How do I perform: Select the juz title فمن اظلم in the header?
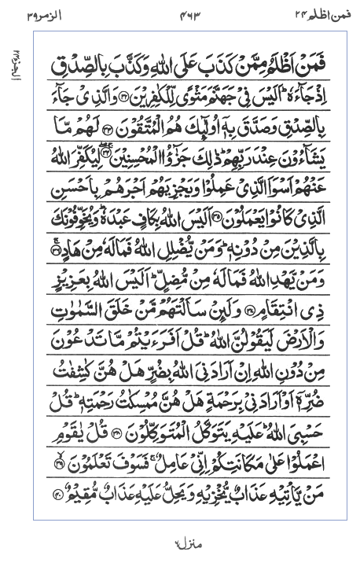coord(314,13)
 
